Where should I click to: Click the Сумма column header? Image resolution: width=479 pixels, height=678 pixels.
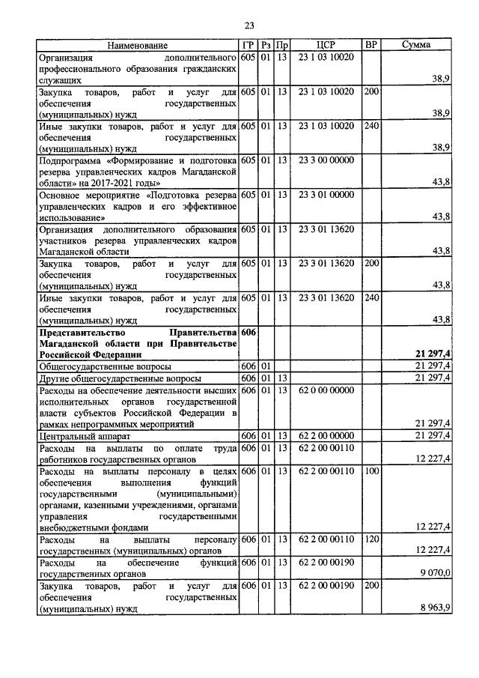point(415,45)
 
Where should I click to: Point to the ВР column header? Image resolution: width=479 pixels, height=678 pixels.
point(370,45)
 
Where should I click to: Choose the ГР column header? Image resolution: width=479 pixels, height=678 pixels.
point(248,45)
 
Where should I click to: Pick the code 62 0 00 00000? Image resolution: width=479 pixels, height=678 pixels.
point(326,390)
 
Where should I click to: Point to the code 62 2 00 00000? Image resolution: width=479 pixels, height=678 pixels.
point(326,435)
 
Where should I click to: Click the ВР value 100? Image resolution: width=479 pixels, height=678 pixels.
point(370,471)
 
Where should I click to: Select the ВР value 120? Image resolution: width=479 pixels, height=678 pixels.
point(370,539)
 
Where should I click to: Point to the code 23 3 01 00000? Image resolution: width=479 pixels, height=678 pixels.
point(326,195)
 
